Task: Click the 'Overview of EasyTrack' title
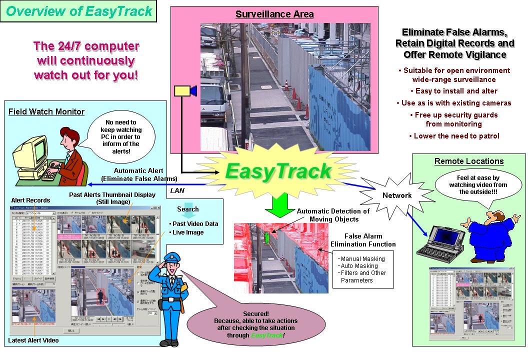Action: pos(79,11)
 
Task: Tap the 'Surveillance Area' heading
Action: pos(274,14)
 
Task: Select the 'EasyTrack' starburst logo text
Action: pos(278,170)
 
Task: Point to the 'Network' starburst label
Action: pos(397,195)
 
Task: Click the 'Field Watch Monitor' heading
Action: pos(46,112)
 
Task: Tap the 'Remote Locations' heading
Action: pos(468,161)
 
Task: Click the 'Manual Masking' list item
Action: pos(363,259)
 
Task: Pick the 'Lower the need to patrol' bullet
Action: pos(454,136)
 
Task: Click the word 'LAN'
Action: pos(177,190)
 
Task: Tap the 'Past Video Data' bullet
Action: pos(195,223)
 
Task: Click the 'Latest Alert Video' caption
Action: pos(33,340)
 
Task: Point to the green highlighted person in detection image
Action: pos(267,238)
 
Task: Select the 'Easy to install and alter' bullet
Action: pos(454,91)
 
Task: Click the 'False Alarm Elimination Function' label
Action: pos(363,240)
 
